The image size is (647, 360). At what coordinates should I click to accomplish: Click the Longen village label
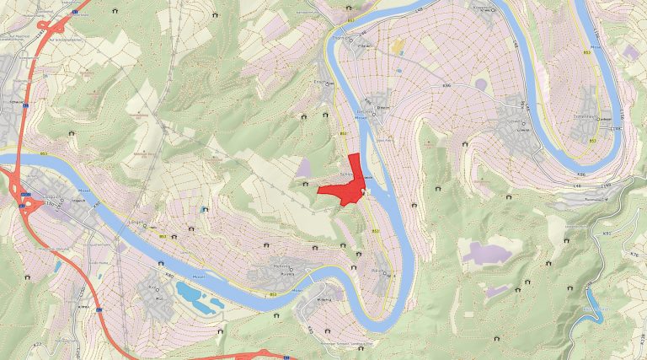click(x=136, y=223)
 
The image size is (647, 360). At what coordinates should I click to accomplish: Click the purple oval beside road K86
click(x=481, y=84)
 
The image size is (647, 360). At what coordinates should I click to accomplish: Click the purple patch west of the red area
click(x=303, y=169)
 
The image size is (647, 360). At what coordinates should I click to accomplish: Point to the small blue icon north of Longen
click(x=205, y=208)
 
